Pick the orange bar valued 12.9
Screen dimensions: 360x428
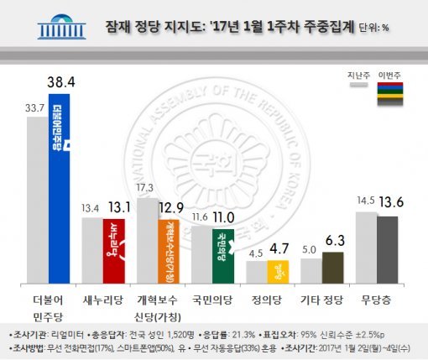tap(170, 251)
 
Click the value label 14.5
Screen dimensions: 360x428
tap(366, 202)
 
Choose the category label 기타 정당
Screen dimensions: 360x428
tap(322, 298)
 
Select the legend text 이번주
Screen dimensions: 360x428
tap(391, 75)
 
